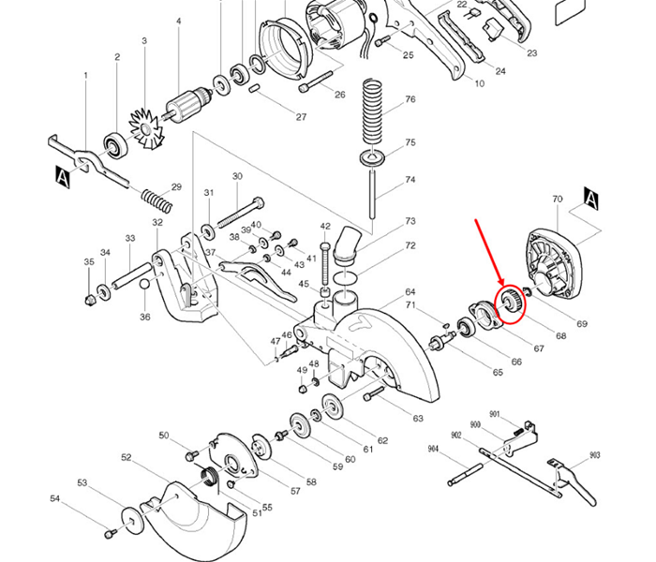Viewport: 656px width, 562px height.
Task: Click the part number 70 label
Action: pyautogui.click(x=558, y=200)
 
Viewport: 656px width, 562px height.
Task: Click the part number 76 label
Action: pyautogui.click(x=410, y=99)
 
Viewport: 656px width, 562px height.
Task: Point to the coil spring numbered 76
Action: pyautogui.click(x=373, y=111)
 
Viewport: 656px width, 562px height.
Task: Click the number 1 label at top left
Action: pyautogui.click(x=85, y=75)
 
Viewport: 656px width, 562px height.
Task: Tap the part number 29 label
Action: pyautogui.click(x=175, y=187)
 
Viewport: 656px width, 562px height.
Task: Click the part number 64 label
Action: pyautogui.click(x=410, y=293)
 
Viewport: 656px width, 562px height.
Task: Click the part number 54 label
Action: pyautogui.click(x=82, y=501)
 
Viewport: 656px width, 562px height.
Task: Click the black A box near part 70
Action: pyautogui.click(x=591, y=197)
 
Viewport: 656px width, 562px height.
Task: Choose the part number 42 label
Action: pyautogui.click(x=325, y=227)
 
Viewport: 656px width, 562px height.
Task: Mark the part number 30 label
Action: pyautogui.click(x=237, y=176)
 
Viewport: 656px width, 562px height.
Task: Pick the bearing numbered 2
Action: pyautogui.click(x=117, y=144)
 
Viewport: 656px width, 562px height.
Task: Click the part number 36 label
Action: pyautogui.click(x=145, y=318)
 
